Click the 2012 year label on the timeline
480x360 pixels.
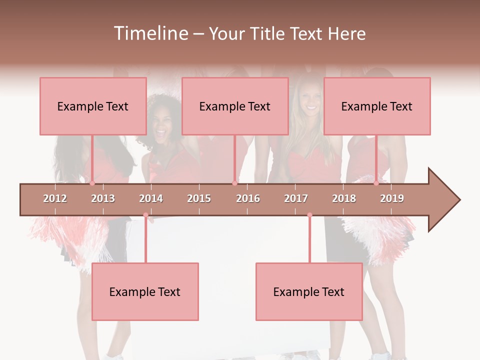click(x=55, y=198)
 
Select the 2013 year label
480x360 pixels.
click(x=103, y=198)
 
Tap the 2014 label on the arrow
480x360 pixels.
click(x=151, y=198)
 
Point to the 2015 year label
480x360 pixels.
click(x=199, y=198)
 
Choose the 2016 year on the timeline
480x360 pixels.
click(x=248, y=198)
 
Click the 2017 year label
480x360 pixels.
click(x=296, y=198)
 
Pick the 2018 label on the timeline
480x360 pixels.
click(x=344, y=198)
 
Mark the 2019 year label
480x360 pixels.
click(x=392, y=198)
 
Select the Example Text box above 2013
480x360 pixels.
click(x=93, y=106)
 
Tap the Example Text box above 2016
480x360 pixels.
click(x=235, y=106)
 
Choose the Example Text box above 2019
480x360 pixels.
click(x=377, y=106)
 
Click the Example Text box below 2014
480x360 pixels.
click(x=145, y=291)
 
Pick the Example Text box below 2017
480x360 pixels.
click(x=309, y=291)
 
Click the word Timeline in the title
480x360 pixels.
click(x=150, y=33)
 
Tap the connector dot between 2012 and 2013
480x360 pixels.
click(x=92, y=183)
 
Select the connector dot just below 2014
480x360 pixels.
click(x=145, y=215)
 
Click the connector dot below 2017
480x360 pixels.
click(x=309, y=215)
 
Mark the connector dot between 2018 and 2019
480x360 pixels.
click(x=376, y=183)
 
